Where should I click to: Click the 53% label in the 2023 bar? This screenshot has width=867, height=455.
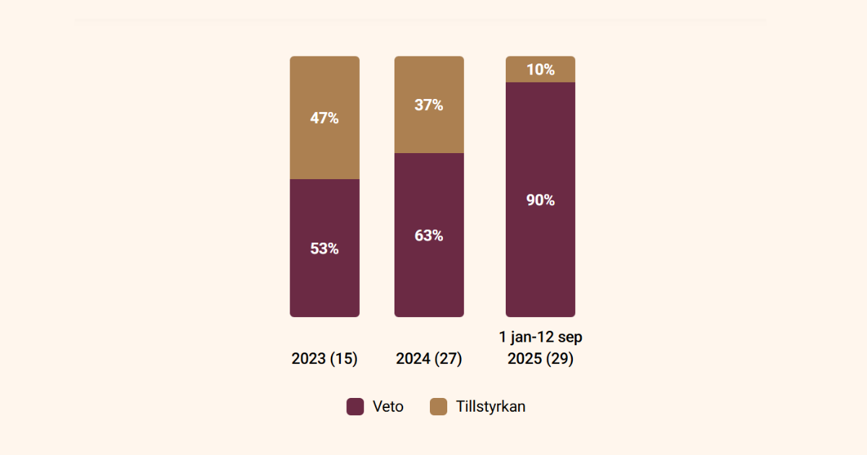[x=324, y=248]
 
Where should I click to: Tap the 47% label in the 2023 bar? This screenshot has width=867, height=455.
[x=324, y=118]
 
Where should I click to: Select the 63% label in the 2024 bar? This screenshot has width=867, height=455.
[x=428, y=235]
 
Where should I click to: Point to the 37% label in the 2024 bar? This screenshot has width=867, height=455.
[x=428, y=105]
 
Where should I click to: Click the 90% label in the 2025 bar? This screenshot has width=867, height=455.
[x=540, y=201]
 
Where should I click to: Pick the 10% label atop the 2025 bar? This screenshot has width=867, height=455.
[x=540, y=70]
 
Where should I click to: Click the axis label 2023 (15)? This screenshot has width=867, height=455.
[x=324, y=359]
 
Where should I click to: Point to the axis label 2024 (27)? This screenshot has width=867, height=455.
[x=428, y=359]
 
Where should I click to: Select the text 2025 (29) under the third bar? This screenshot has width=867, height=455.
[x=540, y=359]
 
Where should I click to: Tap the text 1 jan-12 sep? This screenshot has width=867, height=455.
[x=540, y=337]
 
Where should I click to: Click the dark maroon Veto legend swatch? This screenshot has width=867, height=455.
[x=355, y=407]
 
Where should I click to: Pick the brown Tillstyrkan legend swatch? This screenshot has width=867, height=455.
[x=439, y=407]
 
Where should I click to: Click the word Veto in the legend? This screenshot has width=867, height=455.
[x=388, y=407]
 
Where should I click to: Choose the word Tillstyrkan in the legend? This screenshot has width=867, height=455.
[x=491, y=407]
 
